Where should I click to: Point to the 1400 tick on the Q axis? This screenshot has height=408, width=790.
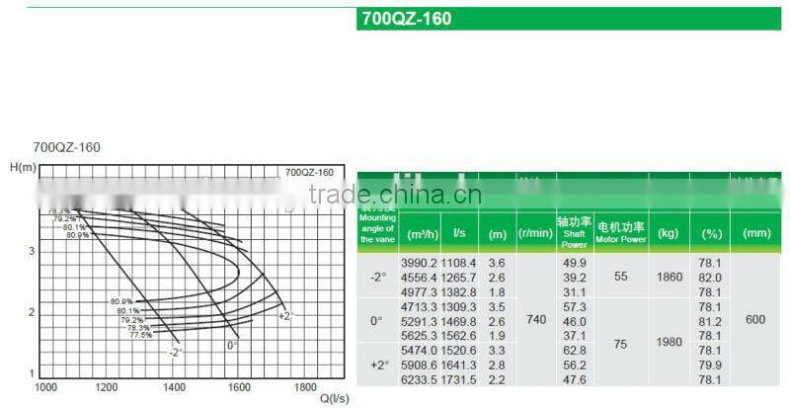174,387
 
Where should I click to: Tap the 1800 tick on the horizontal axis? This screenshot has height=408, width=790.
306,387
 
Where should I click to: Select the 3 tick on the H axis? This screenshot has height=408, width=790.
31,251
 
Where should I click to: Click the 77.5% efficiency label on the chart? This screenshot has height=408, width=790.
140,335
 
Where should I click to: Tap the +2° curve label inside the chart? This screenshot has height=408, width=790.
285,316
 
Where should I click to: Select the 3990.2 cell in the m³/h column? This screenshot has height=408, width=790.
418,264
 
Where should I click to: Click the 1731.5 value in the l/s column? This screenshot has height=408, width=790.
459,379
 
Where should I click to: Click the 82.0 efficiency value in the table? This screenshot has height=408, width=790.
710,279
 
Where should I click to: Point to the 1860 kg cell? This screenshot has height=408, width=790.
669,278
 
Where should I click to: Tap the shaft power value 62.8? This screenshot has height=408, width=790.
575,351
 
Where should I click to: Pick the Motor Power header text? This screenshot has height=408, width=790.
621,239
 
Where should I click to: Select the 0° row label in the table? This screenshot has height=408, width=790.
375,321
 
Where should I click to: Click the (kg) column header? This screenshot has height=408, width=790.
669,233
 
